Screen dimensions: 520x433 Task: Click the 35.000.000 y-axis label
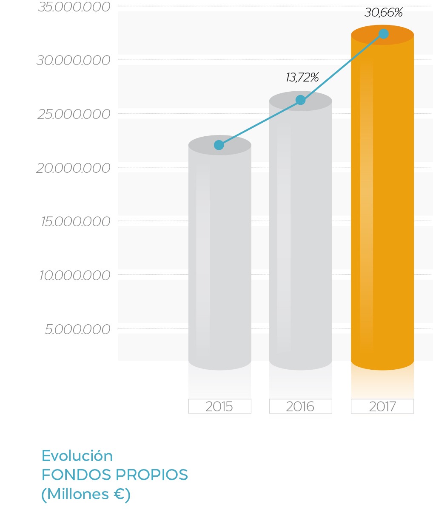(x=74, y=7)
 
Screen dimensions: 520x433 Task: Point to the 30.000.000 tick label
(x=74, y=61)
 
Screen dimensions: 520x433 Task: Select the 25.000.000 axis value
(x=74, y=115)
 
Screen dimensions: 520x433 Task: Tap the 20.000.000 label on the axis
(x=74, y=169)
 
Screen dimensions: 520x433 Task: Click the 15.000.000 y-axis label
(x=76, y=222)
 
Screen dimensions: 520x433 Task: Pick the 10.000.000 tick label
(x=75, y=276)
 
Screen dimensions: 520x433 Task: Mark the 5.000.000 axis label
(x=77, y=330)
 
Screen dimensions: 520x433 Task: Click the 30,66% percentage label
(x=384, y=13)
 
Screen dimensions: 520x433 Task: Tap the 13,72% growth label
(x=302, y=78)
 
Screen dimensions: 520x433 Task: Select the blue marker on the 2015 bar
(x=219, y=145)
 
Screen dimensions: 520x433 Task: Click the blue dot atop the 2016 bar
(x=300, y=100)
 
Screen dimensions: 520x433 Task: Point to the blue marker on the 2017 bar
(x=383, y=34)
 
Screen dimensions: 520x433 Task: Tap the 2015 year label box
(x=219, y=407)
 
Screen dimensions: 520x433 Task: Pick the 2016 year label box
(x=300, y=407)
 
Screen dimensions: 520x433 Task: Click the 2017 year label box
(x=382, y=407)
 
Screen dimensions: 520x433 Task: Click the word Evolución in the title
(x=77, y=456)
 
